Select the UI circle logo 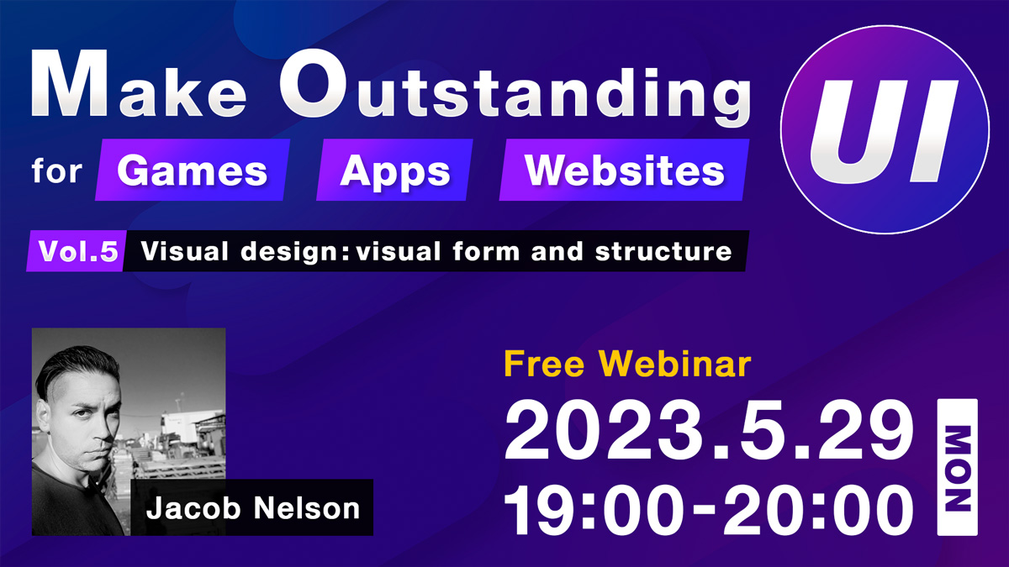point(885,129)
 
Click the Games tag point(193,170)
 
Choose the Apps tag point(394,170)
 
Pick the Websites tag point(624,170)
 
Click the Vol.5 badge point(77,250)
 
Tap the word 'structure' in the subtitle point(663,251)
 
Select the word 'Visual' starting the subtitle point(185,250)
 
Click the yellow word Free point(544,364)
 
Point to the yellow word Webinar point(674,364)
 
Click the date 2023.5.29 point(709,431)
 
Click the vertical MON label point(958,467)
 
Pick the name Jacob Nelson point(253,508)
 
